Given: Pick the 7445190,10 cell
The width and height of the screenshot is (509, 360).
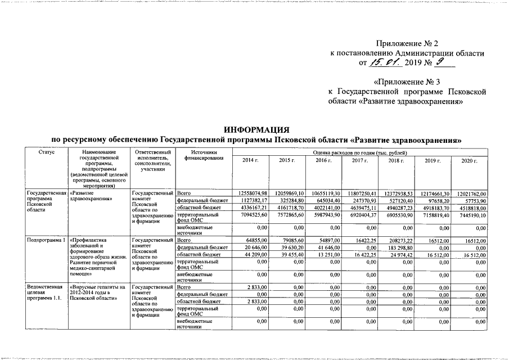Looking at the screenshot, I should pyautogui.click(x=471, y=215).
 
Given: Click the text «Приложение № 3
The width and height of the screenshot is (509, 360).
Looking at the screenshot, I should pyautogui.click(x=406, y=82).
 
